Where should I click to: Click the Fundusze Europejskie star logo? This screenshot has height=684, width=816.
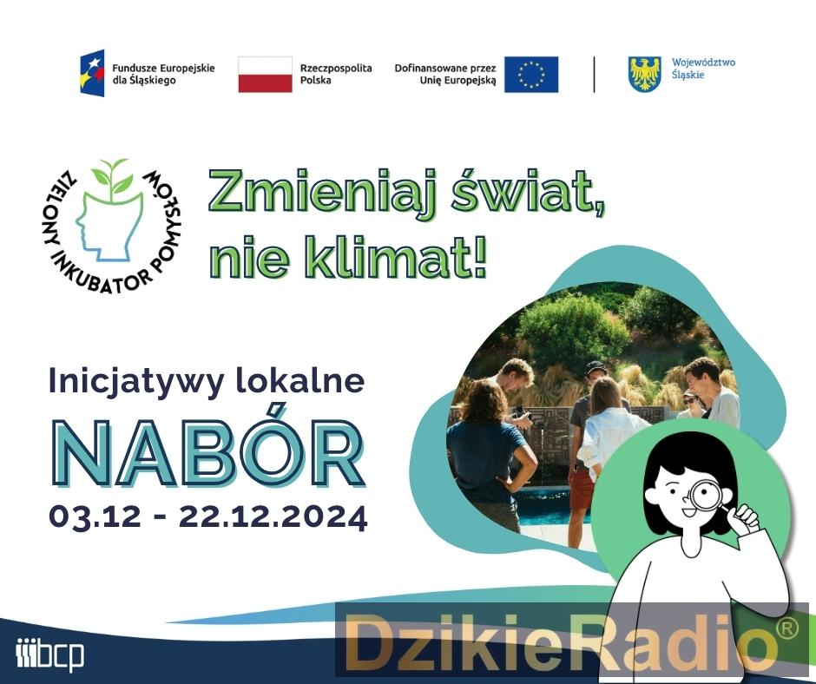click(92, 73)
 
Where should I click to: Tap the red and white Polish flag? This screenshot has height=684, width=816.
click(266, 75)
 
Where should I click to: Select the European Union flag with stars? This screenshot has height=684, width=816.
click(531, 75)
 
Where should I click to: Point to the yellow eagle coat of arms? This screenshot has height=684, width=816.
click(645, 74)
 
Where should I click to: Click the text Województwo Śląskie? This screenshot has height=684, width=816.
click(703, 69)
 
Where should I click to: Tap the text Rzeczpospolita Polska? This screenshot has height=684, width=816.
click(336, 74)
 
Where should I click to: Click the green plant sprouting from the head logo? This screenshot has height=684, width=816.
click(112, 177)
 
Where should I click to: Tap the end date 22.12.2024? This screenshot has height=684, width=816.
click(273, 516)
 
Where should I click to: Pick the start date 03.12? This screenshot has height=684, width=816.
click(95, 516)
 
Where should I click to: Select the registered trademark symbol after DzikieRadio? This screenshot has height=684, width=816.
click(786, 628)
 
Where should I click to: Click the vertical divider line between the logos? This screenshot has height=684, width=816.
click(594, 75)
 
